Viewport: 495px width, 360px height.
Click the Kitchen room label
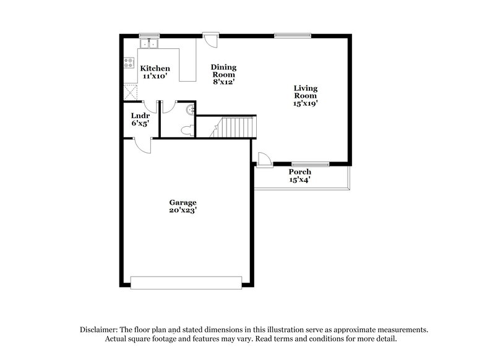pyautogui.click(x=155, y=72)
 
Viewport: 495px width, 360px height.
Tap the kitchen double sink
pyautogui.click(x=149, y=43)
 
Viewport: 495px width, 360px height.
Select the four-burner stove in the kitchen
pyautogui.click(x=129, y=62)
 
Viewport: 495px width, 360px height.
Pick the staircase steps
pyautogui.click(x=234, y=127)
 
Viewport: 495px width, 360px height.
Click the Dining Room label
pyautogui.click(x=223, y=74)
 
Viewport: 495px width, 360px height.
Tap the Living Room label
pyautogui.click(x=306, y=96)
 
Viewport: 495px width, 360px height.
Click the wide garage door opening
pyautogui.click(x=186, y=282)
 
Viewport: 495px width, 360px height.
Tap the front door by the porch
pyautogui.click(x=264, y=160)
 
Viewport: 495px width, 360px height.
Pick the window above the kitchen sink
pyautogui.click(x=148, y=35)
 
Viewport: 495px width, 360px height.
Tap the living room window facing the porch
pyautogui.click(x=311, y=164)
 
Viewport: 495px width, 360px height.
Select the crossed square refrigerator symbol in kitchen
pyautogui.click(x=130, y=92)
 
